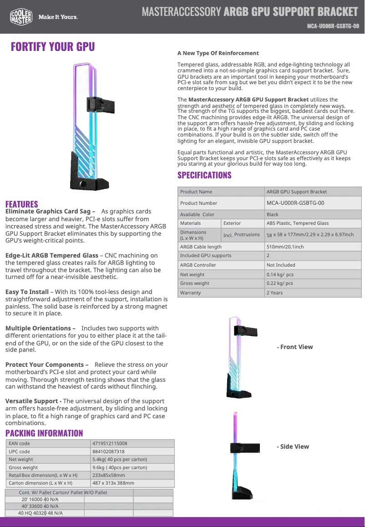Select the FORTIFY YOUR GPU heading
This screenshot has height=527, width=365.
[53, 47]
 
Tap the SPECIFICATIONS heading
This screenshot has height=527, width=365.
[204, 175]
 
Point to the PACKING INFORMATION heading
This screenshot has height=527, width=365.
[44, 433]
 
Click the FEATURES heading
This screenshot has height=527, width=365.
[22, 204]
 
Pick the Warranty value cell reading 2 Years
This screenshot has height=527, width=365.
[274, 293]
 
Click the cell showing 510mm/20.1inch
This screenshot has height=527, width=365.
[285, 247]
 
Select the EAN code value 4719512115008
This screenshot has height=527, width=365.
[110, 443]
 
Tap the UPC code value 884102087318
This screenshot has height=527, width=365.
[108, 451]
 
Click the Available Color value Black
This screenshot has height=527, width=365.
[272, 214]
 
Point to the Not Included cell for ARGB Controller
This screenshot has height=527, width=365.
[281, 265]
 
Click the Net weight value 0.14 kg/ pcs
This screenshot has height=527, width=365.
[280, 274]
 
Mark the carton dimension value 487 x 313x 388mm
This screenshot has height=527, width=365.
[113, 483]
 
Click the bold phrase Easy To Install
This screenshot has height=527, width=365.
[26, 292]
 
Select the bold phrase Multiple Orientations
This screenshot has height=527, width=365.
[38, 328]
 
